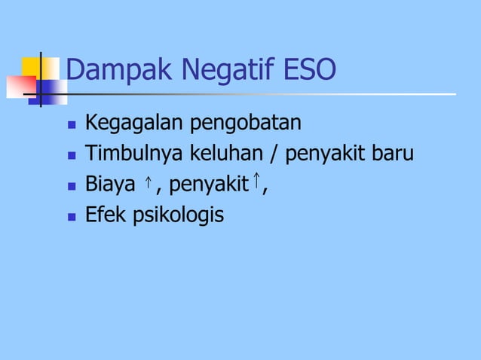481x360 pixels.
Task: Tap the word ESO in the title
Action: (308, 71)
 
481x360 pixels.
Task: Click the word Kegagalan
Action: (127, 122)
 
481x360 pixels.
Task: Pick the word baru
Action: (394, 154)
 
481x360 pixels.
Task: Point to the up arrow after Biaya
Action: (149, 184)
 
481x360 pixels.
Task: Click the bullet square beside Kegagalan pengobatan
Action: (72, 124)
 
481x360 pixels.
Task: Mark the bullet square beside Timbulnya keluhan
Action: (72, 155)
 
